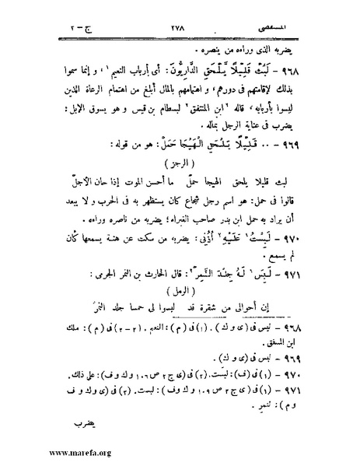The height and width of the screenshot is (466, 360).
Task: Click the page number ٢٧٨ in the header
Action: click(x=180, y=26)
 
